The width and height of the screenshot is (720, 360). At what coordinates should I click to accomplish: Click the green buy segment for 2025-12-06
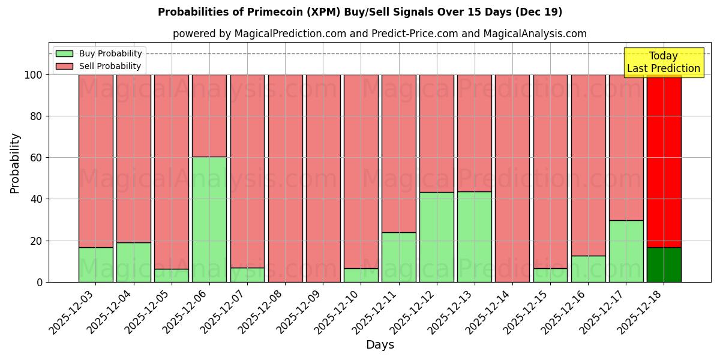209,219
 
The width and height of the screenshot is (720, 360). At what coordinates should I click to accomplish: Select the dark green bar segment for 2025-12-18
664,265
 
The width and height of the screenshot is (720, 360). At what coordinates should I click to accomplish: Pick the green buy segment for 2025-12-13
475,236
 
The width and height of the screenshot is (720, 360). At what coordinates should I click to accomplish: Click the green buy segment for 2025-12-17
626,251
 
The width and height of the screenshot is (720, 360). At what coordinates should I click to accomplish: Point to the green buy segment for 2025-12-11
398,257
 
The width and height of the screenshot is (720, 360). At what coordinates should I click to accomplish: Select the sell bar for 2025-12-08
285,178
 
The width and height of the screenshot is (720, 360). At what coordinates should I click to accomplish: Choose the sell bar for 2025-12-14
512,178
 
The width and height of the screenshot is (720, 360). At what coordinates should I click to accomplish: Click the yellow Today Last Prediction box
663,62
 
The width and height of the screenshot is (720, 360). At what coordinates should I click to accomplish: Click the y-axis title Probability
15,163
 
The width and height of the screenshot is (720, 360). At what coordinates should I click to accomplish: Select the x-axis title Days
380,345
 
